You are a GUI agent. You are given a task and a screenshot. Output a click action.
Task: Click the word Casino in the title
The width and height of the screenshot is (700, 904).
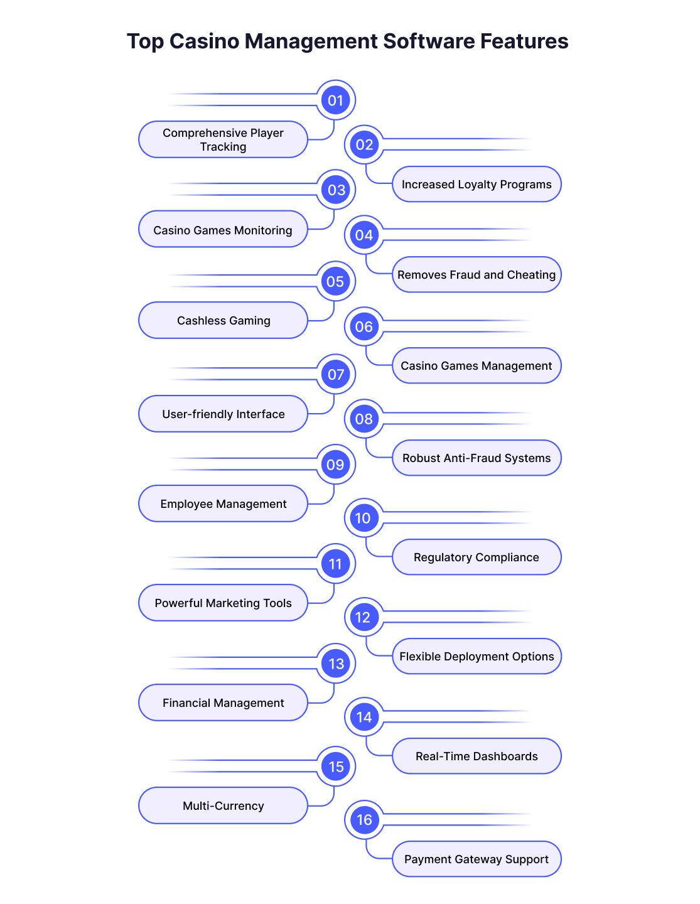(x=204, y=41)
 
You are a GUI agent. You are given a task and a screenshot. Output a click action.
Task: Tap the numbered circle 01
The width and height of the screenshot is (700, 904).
(x=336, y=100)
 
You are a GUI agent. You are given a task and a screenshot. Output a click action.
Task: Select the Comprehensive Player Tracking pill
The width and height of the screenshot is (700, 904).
(x=223, y=139)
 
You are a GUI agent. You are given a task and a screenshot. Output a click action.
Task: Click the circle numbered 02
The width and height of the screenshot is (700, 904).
(x=364, y=145)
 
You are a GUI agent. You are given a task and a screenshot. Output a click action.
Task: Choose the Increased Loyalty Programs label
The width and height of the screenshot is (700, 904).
(x=477, y=185)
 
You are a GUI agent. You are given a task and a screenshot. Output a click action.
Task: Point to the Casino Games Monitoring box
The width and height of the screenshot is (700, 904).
(x=223, y=229)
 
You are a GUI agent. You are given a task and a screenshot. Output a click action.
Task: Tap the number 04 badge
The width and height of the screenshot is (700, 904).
(x=364, y=235)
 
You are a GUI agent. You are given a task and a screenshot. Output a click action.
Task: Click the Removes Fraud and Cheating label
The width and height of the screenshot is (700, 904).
(x=477, y=274)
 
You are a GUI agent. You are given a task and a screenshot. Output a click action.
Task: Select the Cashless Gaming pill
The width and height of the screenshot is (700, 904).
(x=223, y=320)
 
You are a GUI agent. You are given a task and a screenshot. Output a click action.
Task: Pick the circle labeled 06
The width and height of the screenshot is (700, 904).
(x=364, y=326)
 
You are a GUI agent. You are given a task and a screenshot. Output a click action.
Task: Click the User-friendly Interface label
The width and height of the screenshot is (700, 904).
(x=223, y=414)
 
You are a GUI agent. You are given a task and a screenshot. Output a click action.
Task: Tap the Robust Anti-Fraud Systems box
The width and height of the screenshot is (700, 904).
(x=477, y=458)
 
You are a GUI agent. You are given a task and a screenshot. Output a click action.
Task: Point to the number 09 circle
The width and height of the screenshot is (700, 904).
(x=336, y=465)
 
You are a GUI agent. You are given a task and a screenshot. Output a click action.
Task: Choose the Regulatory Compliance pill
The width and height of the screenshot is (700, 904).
(x=477, y=557)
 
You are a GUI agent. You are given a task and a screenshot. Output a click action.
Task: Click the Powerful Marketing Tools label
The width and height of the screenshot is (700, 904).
(x=223, y=603)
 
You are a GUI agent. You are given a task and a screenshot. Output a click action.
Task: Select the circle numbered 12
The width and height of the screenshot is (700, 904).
(x=364, y=617)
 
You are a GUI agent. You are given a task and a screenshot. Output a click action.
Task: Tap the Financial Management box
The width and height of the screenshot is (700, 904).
(x=223, y=702)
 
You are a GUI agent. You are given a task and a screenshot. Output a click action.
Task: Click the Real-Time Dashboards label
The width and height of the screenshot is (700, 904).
(x=477, y=756)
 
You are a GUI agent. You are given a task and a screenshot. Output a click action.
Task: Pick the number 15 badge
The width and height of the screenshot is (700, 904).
(x=336, y=767)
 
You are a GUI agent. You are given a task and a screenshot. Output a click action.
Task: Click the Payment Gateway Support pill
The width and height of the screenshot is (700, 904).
(x=477, y=859)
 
